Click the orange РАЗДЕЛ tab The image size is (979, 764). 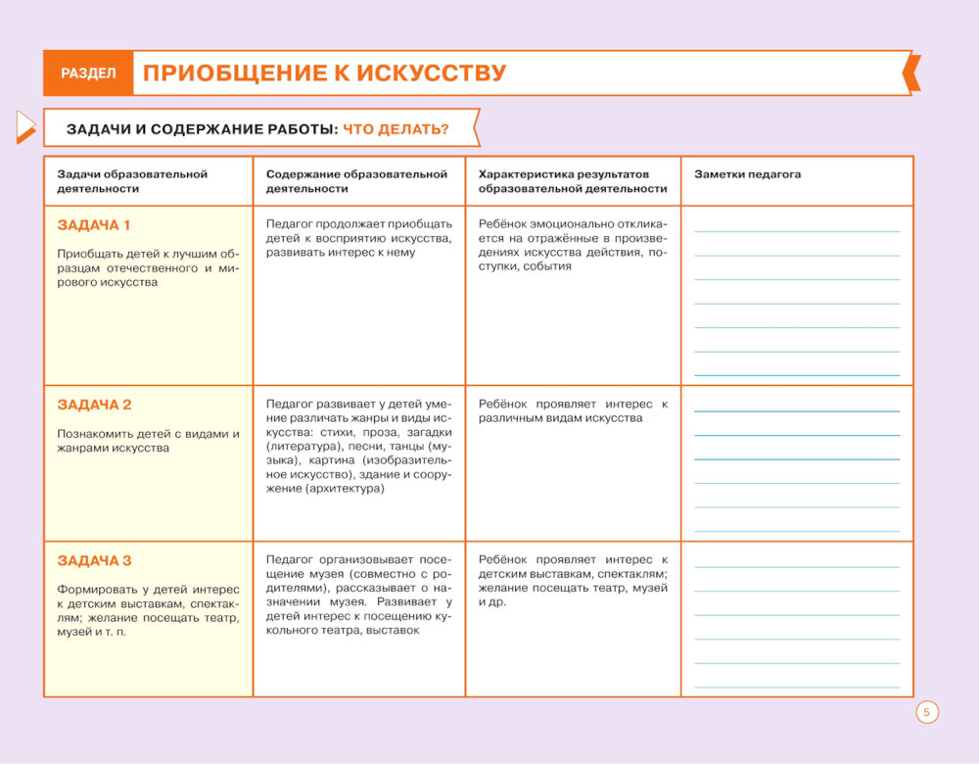point(88,73)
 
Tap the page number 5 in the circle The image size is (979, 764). point(927,712)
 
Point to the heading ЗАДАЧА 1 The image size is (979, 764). point(94,225)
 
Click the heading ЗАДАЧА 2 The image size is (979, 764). point(94,405)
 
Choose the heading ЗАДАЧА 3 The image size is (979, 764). point(94,561)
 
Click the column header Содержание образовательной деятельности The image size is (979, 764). point(356,181)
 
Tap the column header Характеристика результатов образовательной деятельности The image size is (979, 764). point(573,181)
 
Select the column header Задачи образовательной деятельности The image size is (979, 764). point(132,181)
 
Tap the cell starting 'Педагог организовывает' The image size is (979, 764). point(358,596)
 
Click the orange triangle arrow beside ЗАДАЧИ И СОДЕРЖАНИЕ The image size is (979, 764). point(25,126)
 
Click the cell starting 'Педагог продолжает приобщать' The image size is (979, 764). point(358,238)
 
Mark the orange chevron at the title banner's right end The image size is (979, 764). point(911,73)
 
